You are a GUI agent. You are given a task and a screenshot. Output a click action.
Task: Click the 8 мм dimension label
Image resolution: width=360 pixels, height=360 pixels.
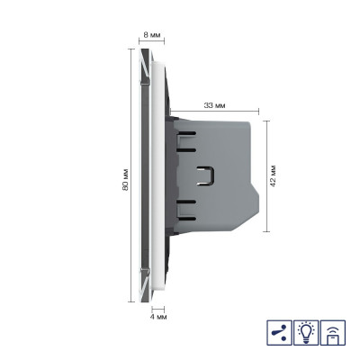pos(152,35)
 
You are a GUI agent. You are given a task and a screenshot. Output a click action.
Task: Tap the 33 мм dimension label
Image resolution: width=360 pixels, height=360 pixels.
pos(214,105)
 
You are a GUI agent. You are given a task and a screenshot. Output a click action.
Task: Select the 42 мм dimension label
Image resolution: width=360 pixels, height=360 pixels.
pos(273,175)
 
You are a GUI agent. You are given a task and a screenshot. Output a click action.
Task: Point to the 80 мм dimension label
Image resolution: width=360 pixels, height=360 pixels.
pos(125,179)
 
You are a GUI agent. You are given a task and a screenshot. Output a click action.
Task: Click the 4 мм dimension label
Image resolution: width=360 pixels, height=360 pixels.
pos(158,317)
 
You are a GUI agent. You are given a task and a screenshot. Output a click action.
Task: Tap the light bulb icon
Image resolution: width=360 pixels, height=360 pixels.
pos(306,333)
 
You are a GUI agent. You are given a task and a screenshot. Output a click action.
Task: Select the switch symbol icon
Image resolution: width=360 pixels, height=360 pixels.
pos(279,333)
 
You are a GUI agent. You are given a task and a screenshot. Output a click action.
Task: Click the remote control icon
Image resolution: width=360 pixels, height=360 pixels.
pos(333,333)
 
